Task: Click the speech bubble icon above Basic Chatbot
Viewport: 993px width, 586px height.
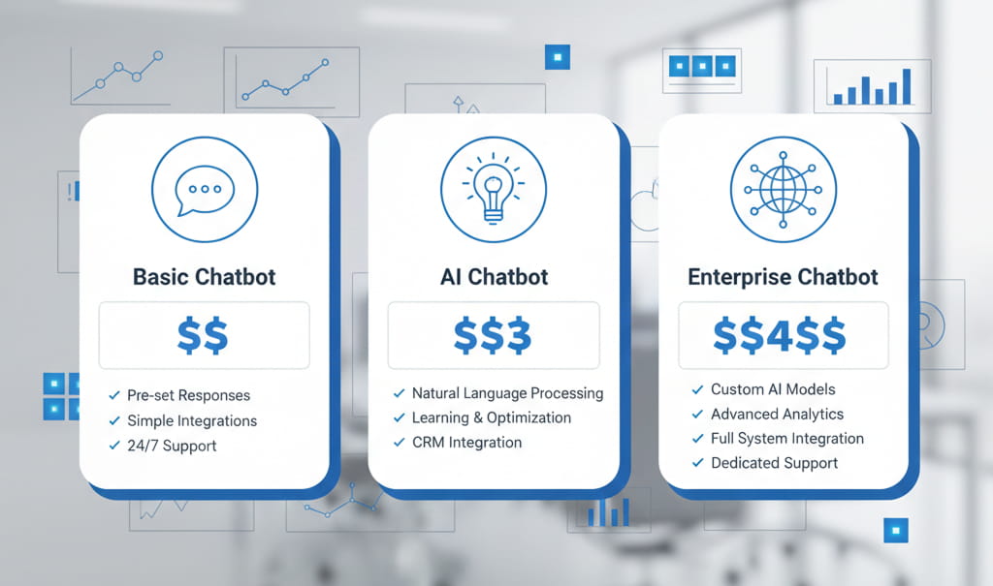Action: click(205, 188)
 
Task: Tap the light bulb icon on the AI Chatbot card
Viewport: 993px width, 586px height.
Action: click(494, 188)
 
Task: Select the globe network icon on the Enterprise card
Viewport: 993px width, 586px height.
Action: click(783, 188)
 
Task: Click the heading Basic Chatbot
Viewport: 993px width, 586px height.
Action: click(204, 277)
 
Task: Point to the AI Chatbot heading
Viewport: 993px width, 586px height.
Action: click(494, 277)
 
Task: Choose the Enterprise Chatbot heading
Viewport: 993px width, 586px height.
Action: click(783, 277)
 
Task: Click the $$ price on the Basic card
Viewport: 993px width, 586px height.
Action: click(204, 334)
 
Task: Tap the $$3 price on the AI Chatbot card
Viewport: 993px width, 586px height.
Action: click(494, 334)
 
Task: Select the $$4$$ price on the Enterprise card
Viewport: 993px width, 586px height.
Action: click(780, 334)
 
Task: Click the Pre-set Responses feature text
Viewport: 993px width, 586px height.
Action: click(188, 395)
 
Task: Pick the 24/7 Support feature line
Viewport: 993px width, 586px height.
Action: click(172, 446)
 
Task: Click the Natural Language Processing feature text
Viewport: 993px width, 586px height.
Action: click(507, 393)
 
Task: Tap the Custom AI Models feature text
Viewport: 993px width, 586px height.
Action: click(773, 389)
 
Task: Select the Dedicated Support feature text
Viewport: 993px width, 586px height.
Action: click(774, 463)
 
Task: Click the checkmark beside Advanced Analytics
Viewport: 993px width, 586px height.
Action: click(697, 415)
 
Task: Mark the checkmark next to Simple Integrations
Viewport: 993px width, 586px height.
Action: click(114, 421)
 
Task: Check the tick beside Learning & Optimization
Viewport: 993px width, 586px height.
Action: click(399, 418)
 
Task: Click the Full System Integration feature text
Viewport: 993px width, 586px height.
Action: click(786, 439)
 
